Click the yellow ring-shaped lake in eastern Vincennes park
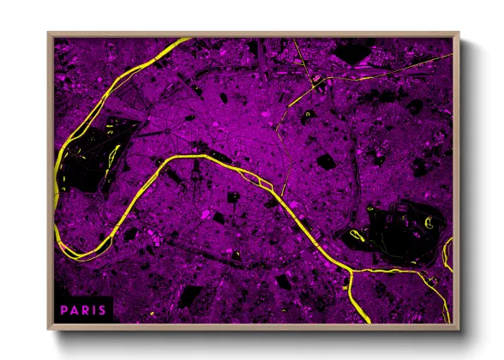coord(429,226)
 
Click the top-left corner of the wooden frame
coord(49,34)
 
